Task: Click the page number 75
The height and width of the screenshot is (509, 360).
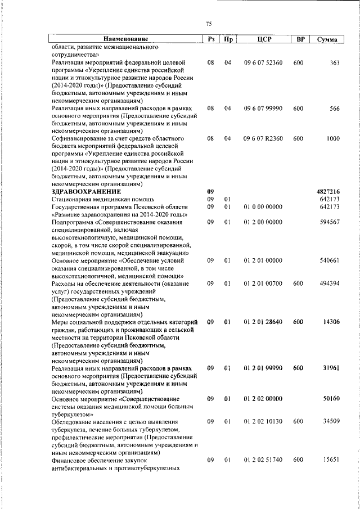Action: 209,24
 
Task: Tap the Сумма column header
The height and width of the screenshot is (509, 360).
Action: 327,39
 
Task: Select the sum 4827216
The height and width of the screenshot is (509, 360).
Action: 328,192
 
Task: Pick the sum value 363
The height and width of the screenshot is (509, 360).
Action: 334,63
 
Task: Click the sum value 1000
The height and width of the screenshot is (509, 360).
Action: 332,138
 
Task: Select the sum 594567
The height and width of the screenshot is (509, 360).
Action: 329,222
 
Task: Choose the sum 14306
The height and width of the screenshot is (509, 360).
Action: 330,322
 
